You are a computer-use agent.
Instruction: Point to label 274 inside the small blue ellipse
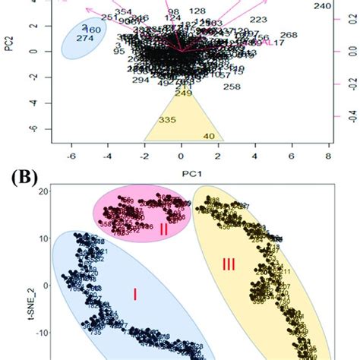click(86, 39)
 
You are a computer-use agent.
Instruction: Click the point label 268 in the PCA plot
click(289, 35)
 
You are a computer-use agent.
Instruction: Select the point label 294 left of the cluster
click(141, 80)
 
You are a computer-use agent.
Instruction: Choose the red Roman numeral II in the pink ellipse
click(163, 229)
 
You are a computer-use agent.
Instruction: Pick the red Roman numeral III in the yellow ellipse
click(229, 264)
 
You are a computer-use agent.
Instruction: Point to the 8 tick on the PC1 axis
click(327, 154)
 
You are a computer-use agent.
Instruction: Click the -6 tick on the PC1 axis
click(71, 154)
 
